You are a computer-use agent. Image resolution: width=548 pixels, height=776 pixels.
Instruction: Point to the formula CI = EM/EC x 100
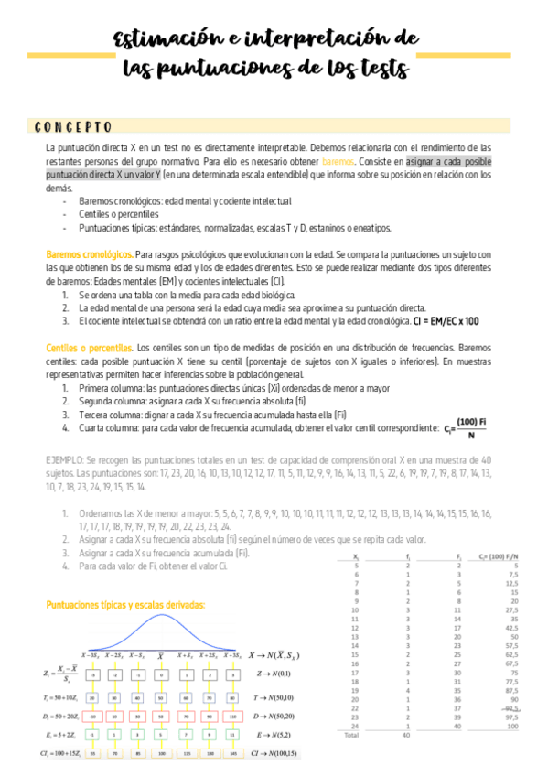[x=446, y=321]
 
